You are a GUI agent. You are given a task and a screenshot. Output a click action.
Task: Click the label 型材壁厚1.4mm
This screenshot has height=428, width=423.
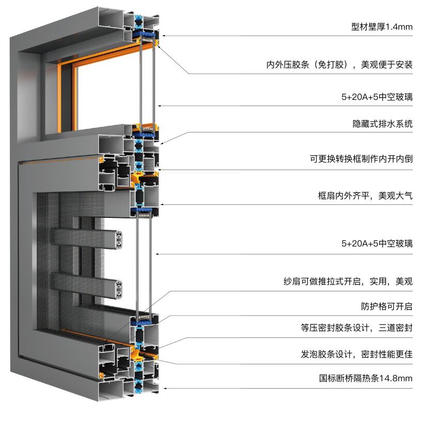click(x=382, y=27)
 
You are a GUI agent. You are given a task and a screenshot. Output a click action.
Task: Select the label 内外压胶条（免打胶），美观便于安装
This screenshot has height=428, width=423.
click(x=339, y=65)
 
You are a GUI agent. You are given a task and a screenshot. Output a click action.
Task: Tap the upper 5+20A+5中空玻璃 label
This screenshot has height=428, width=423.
click(x=377, y=97)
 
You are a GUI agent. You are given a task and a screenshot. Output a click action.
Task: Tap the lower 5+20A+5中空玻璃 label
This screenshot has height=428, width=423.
click(x=377, y=243)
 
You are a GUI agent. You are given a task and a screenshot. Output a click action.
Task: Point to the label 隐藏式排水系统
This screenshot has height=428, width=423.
click(x=382, y=124)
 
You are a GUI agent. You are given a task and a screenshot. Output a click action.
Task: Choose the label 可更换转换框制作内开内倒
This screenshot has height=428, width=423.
click(x=361, y=158)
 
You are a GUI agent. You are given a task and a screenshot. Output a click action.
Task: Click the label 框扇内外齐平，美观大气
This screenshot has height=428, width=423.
click(x=365, y=196)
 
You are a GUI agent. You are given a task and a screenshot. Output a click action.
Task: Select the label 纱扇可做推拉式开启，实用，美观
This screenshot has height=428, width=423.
click(x=348, y=281)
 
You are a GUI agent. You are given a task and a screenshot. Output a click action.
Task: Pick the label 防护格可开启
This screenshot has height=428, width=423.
click(x=387, y=306)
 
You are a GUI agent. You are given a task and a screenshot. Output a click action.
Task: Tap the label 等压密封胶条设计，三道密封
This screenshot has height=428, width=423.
click(x=356, y=328)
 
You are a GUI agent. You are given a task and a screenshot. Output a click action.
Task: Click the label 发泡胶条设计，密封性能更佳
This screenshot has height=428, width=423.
click(x=356, y=354)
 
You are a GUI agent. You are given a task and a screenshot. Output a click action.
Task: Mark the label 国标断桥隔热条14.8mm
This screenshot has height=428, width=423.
click(x=366, y=378)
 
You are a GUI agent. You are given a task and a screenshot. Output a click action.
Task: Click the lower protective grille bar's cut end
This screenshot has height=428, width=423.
click(x=118, y=289)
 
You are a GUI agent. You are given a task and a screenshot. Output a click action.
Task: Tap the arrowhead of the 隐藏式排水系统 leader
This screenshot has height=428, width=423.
click(x=162, y=143)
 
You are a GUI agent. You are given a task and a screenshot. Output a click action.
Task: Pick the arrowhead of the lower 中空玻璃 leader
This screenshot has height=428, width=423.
click(x=157, y=254)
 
